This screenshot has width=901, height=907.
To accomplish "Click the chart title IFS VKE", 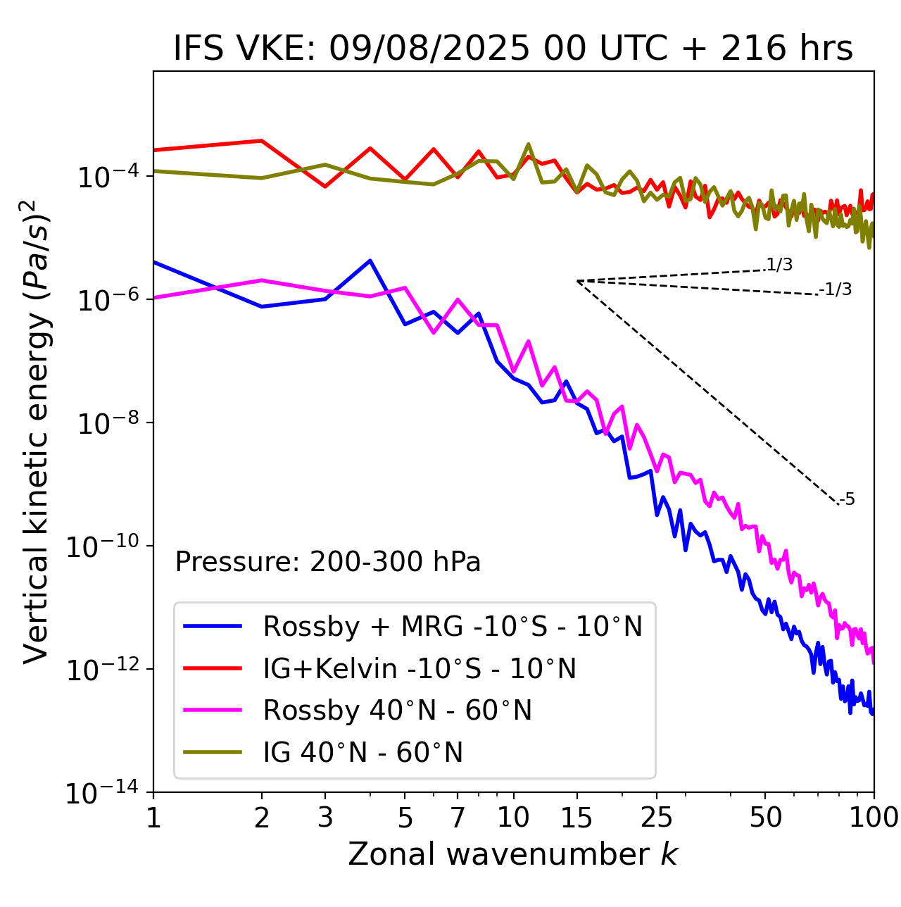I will click(513, 49).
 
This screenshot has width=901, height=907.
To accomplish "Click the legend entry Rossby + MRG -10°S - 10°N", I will click(453, 626).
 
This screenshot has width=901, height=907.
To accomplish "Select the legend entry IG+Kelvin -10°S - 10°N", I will click(420, 668).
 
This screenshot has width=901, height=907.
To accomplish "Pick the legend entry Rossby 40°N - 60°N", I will click(397, 711).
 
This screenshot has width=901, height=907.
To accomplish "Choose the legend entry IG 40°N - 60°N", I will click(363, 753).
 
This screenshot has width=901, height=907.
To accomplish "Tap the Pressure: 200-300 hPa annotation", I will click(327, 562).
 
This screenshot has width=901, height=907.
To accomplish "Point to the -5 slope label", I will click(847, 499).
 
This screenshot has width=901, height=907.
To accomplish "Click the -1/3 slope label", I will click(836, 289).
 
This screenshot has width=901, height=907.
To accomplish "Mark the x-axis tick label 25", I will click(657, 818).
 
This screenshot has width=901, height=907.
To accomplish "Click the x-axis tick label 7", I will click(458, 818).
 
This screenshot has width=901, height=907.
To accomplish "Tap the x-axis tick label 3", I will click(325, 818).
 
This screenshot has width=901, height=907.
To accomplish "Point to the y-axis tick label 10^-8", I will click(106, 424).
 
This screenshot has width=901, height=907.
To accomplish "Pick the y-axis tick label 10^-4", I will click(106, 177).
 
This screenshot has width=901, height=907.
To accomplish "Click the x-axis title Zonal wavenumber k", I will click(513, 854).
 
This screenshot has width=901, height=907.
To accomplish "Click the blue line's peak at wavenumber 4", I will click(370, 261).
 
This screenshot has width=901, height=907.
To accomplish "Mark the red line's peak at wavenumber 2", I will click(262, 141).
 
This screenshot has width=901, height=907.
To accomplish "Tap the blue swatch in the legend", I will click(213, 626).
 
